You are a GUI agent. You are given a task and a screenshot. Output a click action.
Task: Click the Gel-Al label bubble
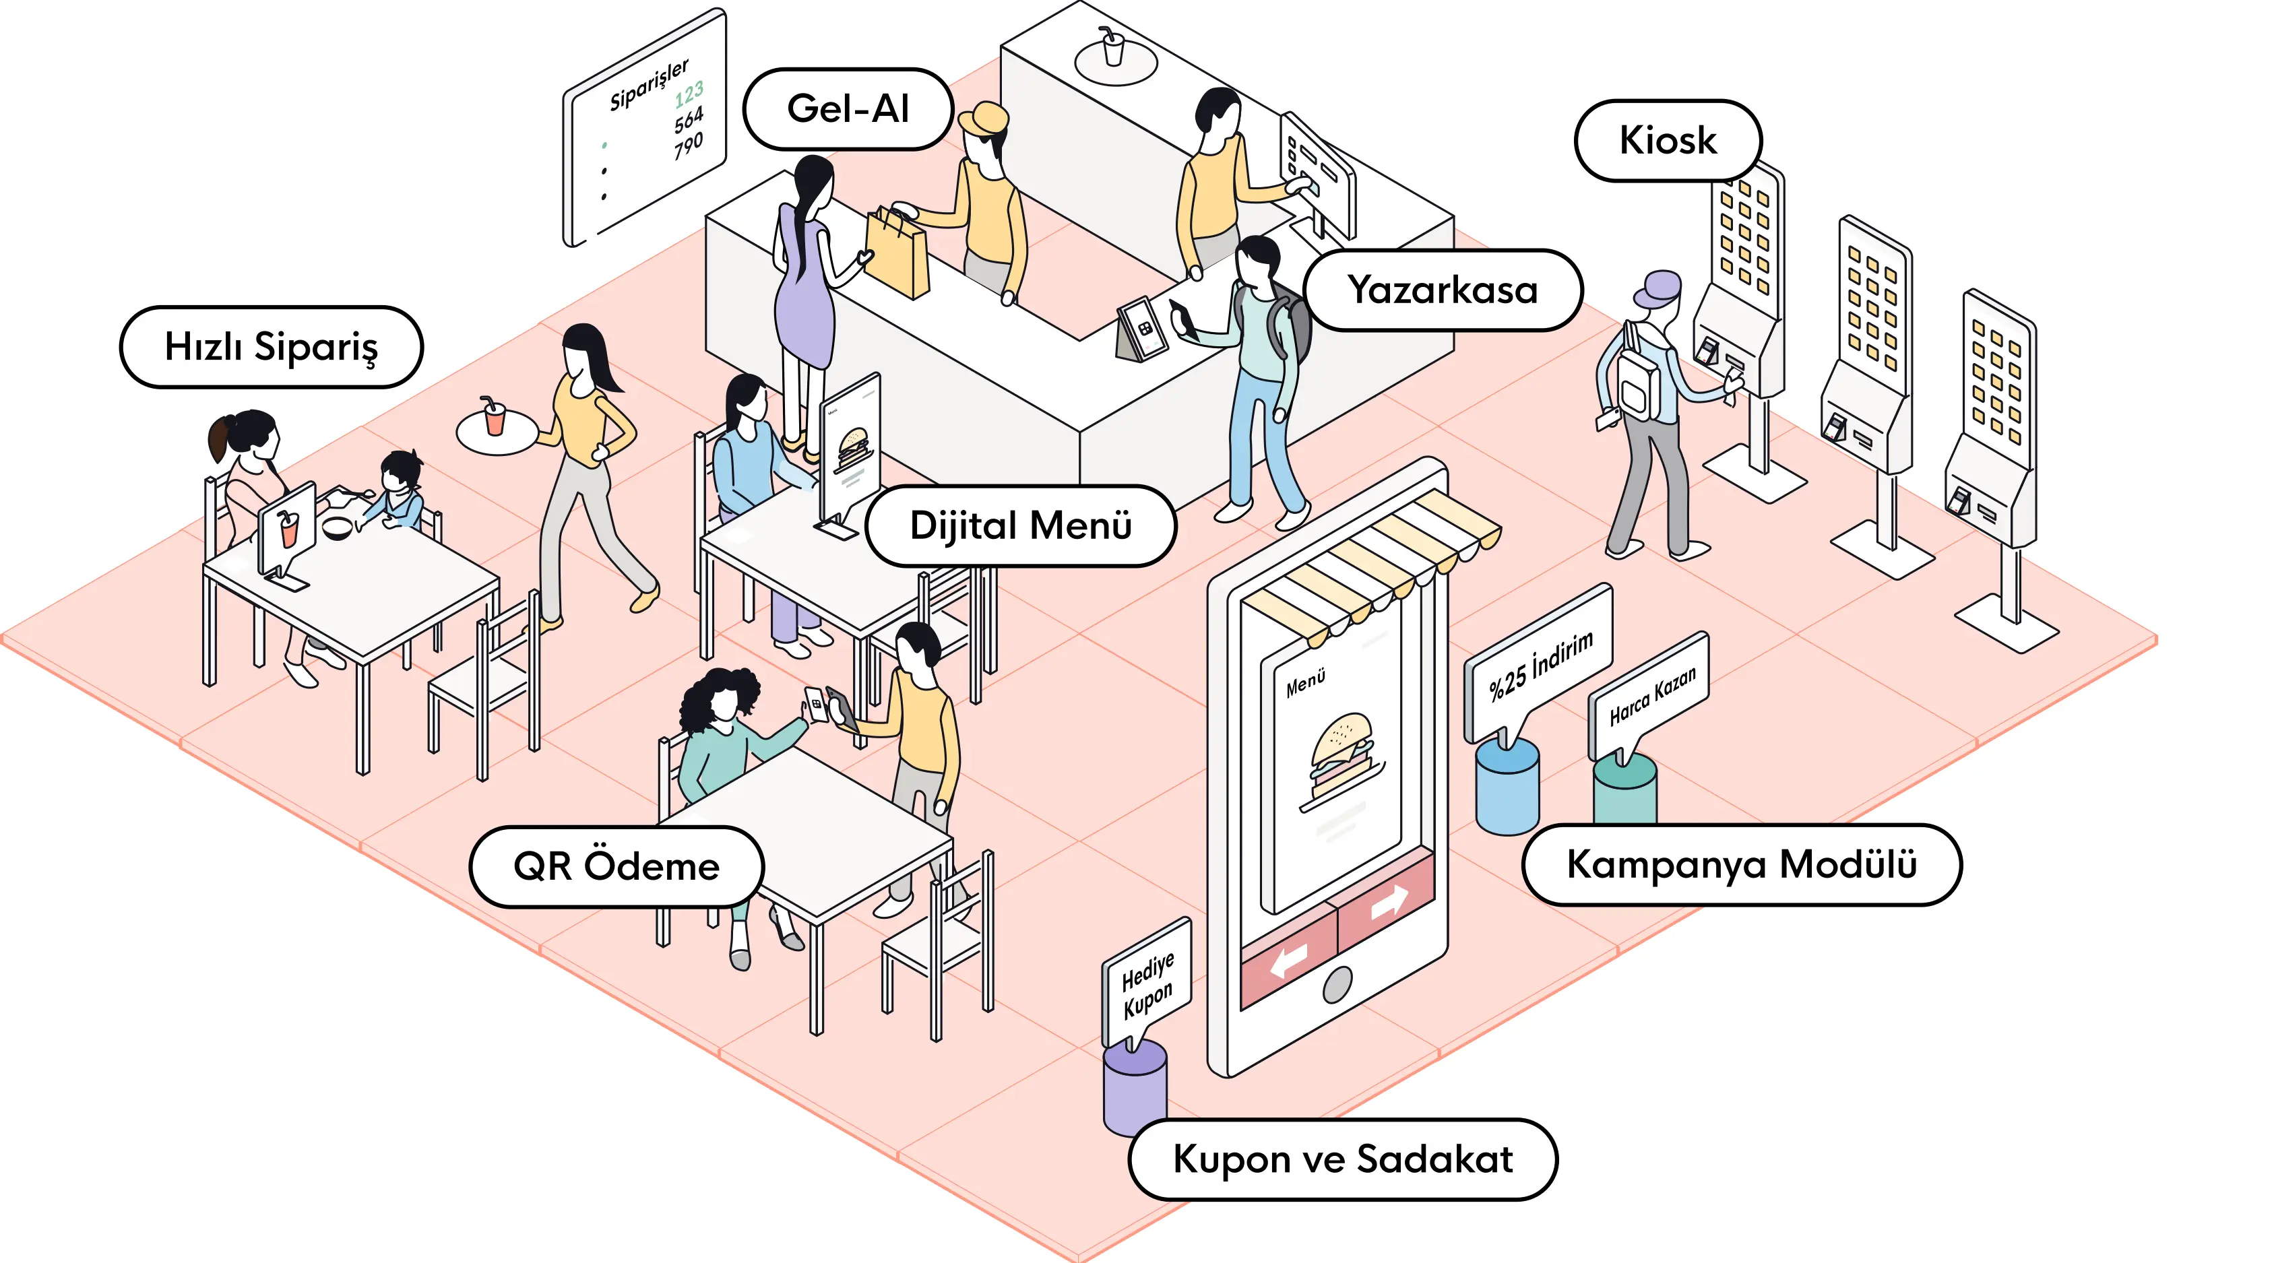[x=848, y=109]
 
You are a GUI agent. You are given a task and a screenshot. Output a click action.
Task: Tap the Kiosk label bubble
[x=1668, y=140]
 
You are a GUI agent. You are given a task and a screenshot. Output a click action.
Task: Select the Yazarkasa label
[x=1443, y=290]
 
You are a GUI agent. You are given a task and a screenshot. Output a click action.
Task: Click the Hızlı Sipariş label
[x=271, y=347]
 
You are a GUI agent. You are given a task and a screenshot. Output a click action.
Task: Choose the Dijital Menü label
[x=1021, y=526]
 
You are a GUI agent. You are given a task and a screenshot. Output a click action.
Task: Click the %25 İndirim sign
[x=1540, y=666]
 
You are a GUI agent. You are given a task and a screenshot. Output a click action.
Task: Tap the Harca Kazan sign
[x=1651, y=695]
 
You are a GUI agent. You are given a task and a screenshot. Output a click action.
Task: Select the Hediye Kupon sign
[x=1147, y=982]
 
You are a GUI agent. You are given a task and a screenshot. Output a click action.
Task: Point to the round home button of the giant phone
[x=1337, y=984]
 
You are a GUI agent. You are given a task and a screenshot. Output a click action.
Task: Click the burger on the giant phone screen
[x=1341, y=757]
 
